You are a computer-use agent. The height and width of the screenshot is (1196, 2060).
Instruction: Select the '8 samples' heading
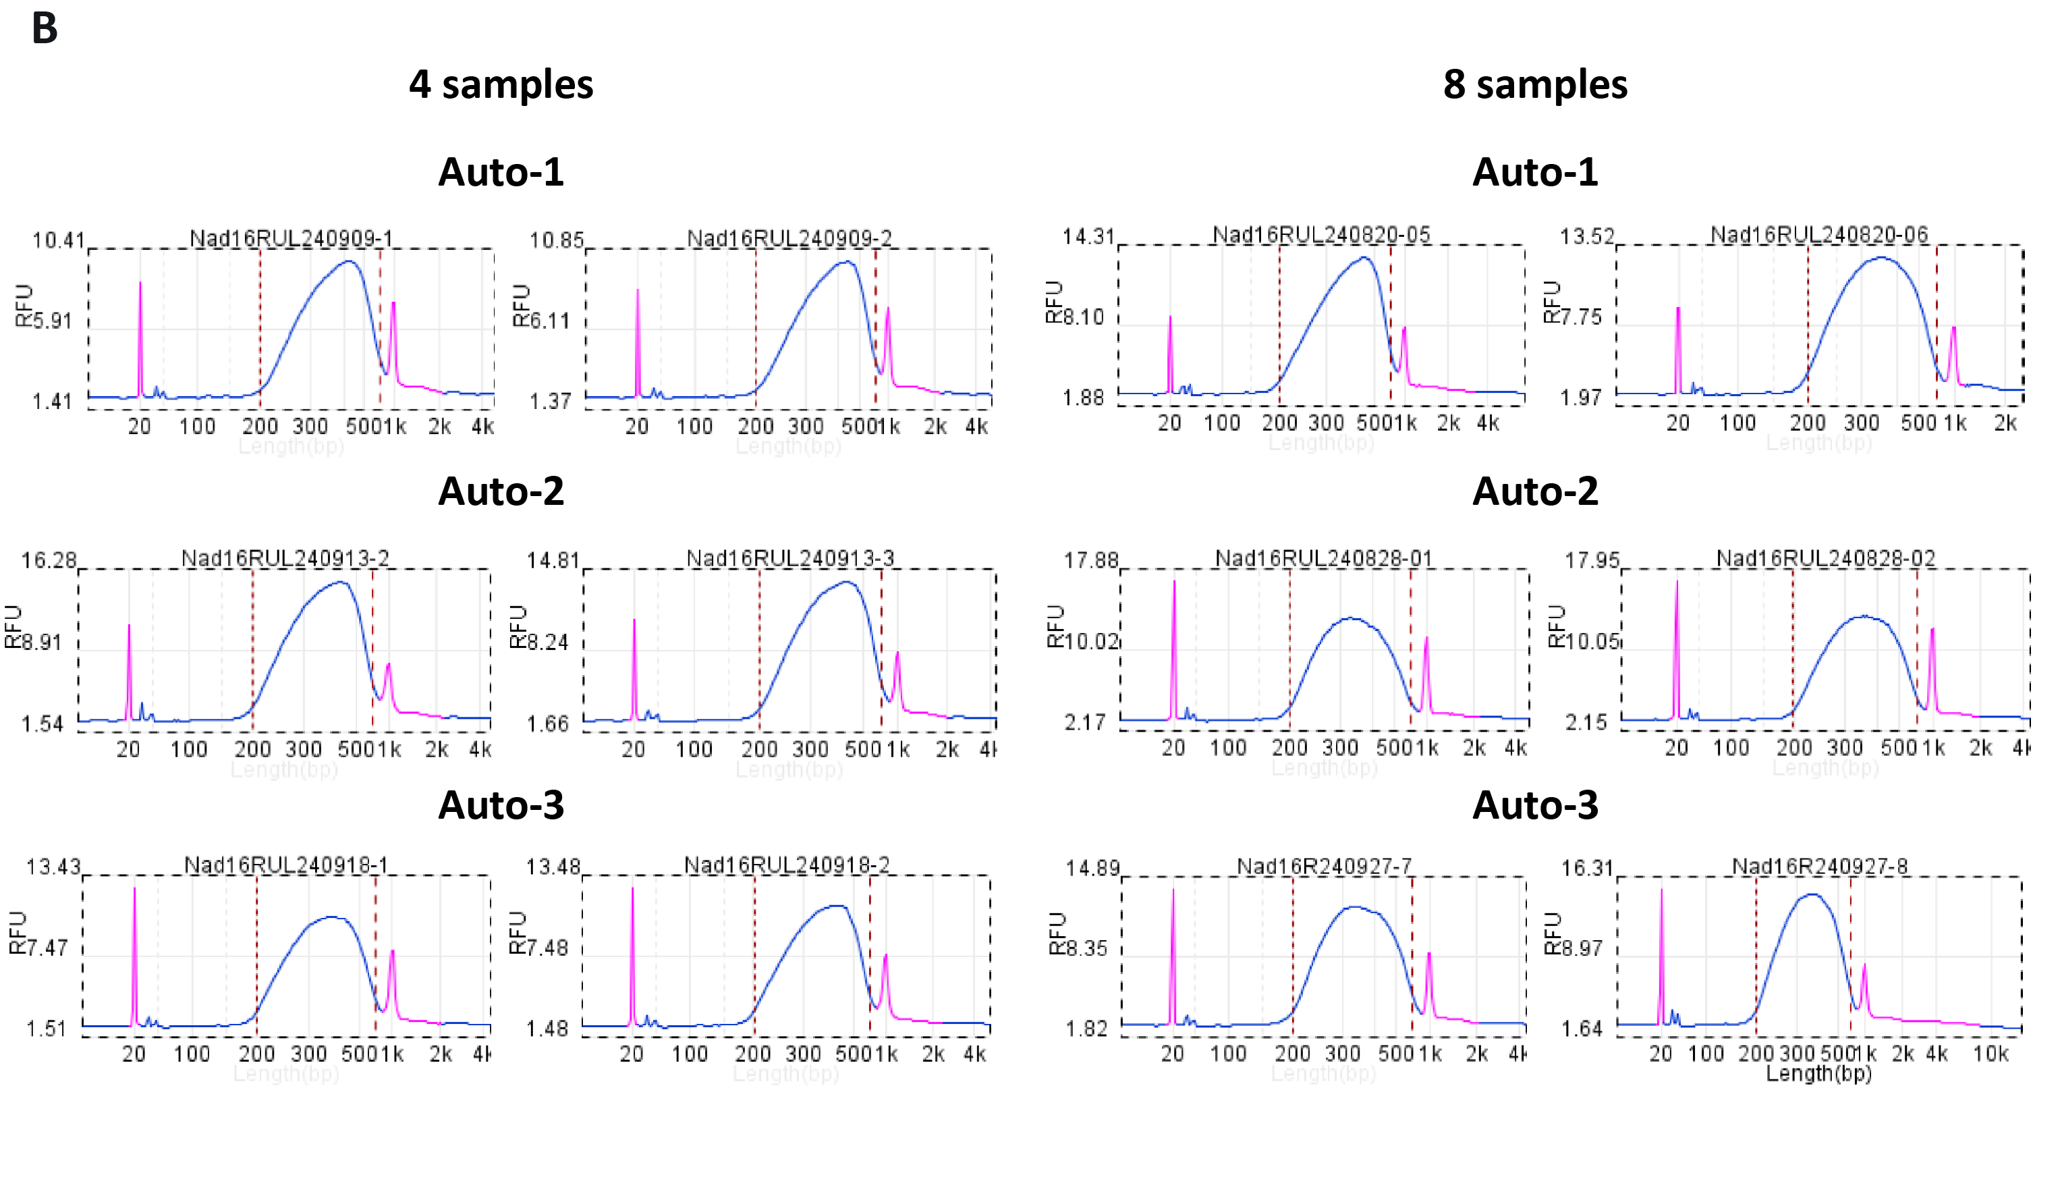1534,84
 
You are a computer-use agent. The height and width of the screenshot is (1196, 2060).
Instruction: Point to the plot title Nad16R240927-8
1819,866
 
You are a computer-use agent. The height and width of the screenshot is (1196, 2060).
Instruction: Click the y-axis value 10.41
58,240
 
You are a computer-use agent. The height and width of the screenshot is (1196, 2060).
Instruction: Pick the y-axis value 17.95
1591,561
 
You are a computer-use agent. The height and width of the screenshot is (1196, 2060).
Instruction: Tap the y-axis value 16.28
48,561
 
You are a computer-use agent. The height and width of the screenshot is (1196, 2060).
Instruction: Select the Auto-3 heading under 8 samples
1534,805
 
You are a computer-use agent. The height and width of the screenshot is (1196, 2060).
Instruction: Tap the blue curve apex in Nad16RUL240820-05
1364,258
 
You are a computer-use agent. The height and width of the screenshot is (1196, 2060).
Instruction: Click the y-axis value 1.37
549,402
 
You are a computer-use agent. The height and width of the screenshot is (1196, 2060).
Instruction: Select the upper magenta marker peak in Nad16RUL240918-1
393,952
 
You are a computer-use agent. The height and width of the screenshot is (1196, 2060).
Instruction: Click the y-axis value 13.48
553,867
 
